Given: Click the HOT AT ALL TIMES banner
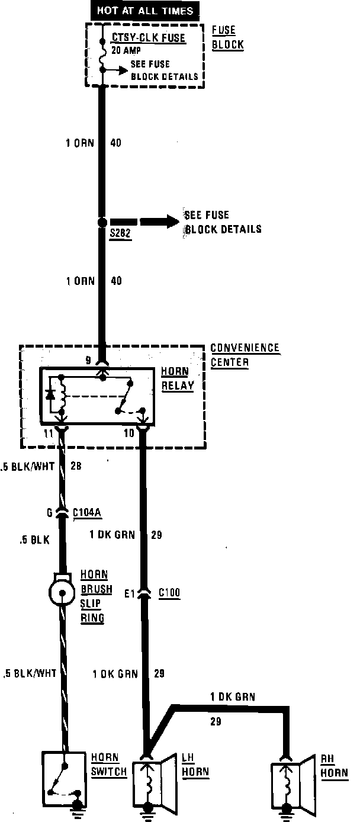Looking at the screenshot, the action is coord(145,11).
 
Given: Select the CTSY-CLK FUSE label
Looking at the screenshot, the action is coord(149,38).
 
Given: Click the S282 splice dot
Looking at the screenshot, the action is coord(102,223).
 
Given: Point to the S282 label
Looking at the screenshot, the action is coord(118,235).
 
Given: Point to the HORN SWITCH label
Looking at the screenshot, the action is coord(108,765).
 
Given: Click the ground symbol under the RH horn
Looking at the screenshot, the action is coord(288,814).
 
